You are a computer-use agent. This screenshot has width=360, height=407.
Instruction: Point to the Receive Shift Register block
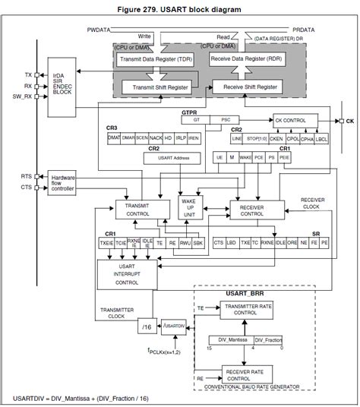[250, 87]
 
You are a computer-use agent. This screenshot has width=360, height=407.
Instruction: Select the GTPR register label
[189, 112]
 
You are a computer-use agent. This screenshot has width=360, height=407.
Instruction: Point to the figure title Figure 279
[179, 8]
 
